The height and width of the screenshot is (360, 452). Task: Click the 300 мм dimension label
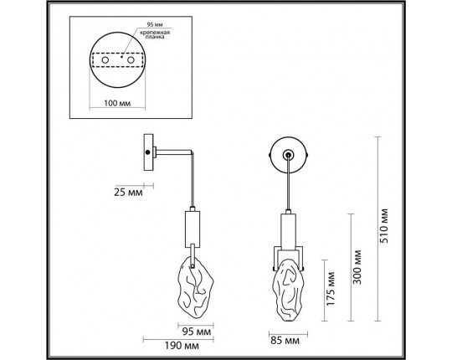click(358, 267)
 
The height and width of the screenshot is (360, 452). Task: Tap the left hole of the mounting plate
click(106, 61)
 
